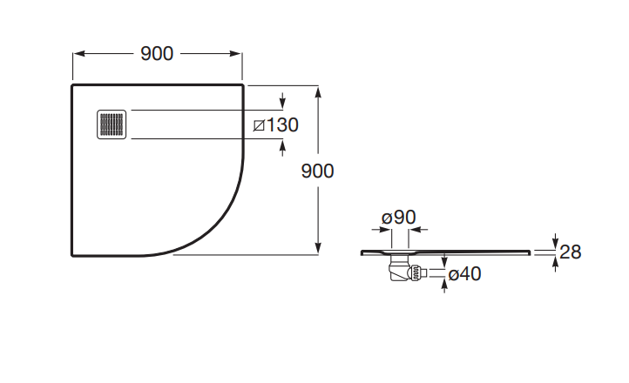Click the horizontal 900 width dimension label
click(x=157, y=54)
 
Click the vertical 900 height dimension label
click(x=317, y=171)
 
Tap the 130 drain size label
click(x=282, y=125)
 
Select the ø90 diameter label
click(x=399, y=217)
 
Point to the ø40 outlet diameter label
click(x=464, y=274)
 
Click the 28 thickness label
click(x=570, y=252)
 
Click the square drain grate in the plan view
click(x=112, y=124)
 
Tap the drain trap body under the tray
click(x=399, y=268)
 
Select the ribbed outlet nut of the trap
click(x=416, y=272)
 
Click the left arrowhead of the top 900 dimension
click(x=79, y=54)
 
